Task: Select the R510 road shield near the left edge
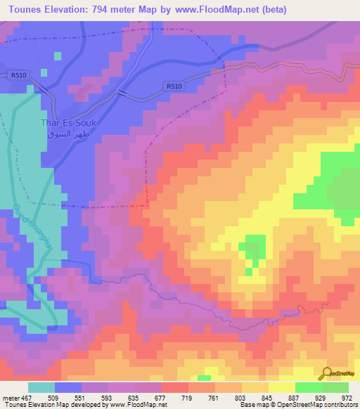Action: pos(18,75)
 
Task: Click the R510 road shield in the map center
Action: pos(174,86)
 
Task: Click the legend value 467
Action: pos(27,397)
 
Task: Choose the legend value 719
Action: pos(188,397)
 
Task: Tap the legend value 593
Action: pos(108,397)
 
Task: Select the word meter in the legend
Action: pos(11,397)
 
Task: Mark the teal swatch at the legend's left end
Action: pos(41,387)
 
